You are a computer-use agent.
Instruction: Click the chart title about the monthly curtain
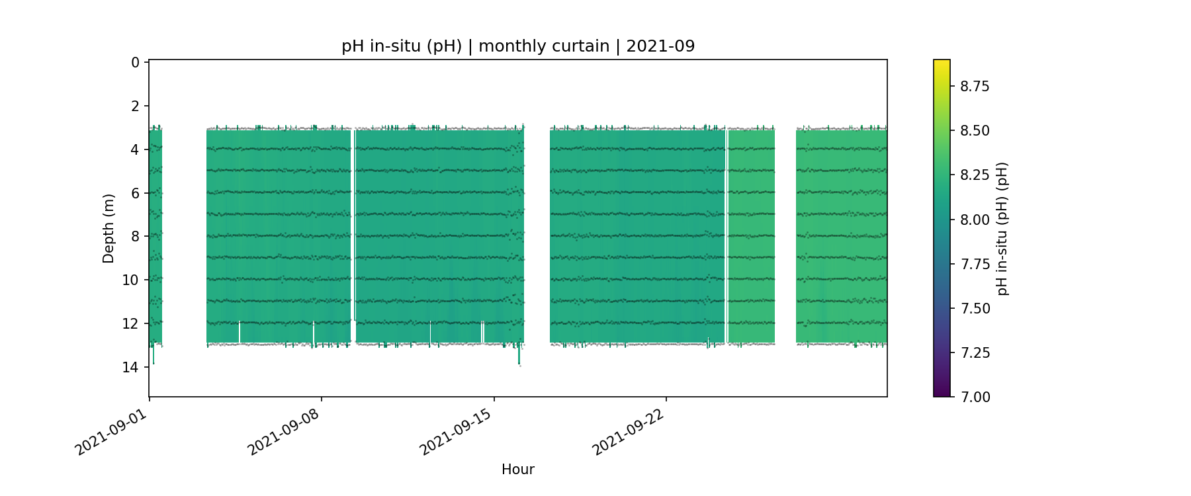coord(518,46)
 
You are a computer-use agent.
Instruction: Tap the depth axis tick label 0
coord(135,62)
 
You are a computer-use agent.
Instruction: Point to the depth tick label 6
coord(135,193)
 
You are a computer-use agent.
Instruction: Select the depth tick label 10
coord(131,280)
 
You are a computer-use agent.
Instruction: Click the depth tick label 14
coord(131,367)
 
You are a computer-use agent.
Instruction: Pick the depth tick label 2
coord(135,106)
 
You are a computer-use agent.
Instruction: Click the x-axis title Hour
coord(518,470)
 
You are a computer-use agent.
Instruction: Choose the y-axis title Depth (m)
coord(109,228)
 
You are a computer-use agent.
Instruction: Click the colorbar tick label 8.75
coord(975,86)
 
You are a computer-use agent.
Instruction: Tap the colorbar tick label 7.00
coord(975,397)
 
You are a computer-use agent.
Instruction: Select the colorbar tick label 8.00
coord(975,220)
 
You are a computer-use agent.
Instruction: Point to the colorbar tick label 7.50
coord(975,308)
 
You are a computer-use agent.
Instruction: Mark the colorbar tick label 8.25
coord(975,175)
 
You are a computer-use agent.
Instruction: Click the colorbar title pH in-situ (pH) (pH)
coord(1002,228)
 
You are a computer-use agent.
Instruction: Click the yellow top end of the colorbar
coord(942,62)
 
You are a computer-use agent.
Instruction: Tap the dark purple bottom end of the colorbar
coord(942,394)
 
